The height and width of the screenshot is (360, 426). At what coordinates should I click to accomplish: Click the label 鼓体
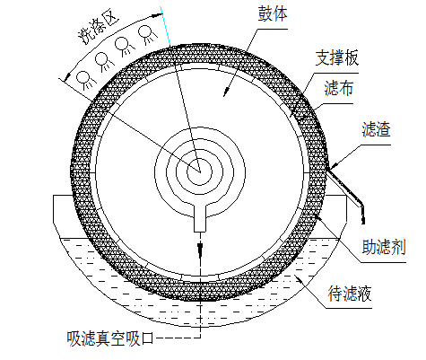click(273, 14)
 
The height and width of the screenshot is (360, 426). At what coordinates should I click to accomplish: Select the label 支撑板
click(337, 57)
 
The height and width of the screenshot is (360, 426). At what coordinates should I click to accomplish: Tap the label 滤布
click(338, 88)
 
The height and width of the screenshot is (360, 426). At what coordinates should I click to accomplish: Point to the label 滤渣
click(376, 129)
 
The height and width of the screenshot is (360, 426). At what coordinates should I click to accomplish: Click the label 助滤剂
click(384, 247)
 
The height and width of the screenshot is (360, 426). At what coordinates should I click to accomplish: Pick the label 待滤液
click(350, 294)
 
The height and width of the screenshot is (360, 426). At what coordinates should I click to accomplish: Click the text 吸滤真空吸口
click(110, 338)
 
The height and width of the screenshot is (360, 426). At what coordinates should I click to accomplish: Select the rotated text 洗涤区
click(98, 28)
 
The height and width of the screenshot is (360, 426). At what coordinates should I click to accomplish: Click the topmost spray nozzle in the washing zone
click(146, 34)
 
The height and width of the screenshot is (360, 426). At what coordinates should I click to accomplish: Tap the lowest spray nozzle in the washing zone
click(83, 79)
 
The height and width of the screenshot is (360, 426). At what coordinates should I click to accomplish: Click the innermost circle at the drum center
click(199, 171)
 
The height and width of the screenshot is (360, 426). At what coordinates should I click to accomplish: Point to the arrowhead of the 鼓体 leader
click(226, 92)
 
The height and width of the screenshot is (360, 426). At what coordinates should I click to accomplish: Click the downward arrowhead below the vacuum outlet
click(200, 248)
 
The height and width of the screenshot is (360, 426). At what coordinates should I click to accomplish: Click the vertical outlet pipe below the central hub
click(200, 218)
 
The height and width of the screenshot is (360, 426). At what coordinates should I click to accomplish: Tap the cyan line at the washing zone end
click(165, 26)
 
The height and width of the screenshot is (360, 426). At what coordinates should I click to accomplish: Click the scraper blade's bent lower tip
click(363, 222)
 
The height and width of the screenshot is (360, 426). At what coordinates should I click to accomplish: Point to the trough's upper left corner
click(53, 196)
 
